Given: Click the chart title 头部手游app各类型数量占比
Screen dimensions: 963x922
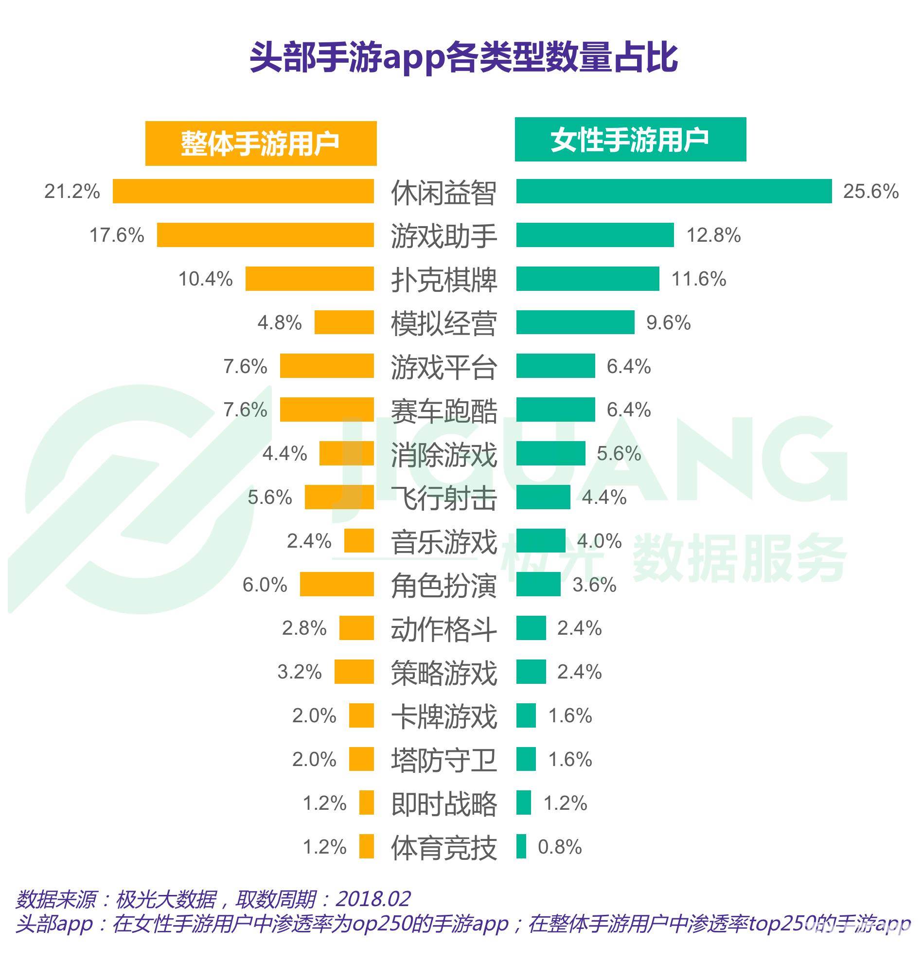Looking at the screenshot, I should [x=464, y=57].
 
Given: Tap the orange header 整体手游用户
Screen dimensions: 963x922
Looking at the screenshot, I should [x=260, y=143].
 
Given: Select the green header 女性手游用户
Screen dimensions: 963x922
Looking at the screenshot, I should [x=630, y=140].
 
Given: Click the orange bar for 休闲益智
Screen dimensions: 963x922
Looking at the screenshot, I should [x=243, y=191].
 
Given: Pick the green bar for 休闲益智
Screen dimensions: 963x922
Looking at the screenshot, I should [x=674, y=191].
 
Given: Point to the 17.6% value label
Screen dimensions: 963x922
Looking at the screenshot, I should [x=117, y=235].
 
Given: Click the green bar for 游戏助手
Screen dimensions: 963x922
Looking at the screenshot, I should [x=594, y=235].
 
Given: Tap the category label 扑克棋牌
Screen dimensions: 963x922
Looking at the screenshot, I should [x=443, y=280].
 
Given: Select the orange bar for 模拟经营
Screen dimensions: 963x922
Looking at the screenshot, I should [x=344, y=322].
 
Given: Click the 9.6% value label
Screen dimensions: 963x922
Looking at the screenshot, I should [x=668, y=323].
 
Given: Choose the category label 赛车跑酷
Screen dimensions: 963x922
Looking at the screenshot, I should [x=443, y=411].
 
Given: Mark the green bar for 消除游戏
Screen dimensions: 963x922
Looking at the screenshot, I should [x=550, y=453].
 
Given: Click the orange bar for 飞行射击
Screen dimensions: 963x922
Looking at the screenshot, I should [x=339, y=497].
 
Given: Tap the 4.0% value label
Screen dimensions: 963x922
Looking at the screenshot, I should [x=599, y=541].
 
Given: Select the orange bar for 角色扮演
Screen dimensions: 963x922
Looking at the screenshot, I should [x=337, y=584].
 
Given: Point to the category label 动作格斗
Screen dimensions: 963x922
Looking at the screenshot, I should [x=443, y=629].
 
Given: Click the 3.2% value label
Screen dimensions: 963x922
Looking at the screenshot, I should [x=299, y=672].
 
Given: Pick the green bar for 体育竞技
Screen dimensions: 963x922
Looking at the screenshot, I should [x=521, y=846].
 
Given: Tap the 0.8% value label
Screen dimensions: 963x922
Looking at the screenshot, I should [x=560, y=847].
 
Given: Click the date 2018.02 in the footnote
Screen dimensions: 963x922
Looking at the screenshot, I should [x=373, y=899].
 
